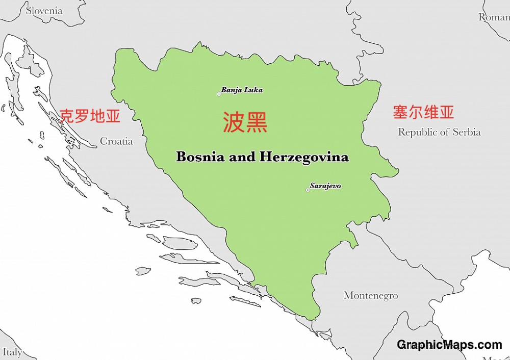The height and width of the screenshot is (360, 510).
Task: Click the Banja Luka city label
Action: [x=242, y=90]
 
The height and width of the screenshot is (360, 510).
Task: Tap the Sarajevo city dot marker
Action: [x=308, y=190]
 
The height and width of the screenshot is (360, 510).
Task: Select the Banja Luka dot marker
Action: [x=219, y=94]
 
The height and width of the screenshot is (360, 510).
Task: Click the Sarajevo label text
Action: [x=325, y=186]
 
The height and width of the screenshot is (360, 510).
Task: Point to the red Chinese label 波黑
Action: [x=245, y=122]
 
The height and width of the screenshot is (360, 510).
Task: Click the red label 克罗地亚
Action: [x=90, y=116]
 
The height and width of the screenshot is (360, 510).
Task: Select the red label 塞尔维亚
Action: [x=423, y=112]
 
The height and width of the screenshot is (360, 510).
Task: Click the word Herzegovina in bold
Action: [x=304, y=157]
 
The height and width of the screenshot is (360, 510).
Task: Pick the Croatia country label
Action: [x=116, y=141]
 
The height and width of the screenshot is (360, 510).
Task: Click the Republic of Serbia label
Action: [x=439, y=132]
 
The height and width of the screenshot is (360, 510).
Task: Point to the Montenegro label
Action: [x=371, y=295]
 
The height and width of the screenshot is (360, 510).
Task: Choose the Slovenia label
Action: [x=44, y=11]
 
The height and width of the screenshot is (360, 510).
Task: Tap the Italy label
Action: [x=12, y=352]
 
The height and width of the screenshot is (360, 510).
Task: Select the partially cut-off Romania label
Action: [x=494, y=17]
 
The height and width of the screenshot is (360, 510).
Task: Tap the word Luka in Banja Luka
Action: [x=253, y=90]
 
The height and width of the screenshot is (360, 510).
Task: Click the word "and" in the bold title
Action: [x=242, y=157]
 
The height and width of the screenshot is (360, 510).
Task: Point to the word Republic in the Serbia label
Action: [x=417, y=132]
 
